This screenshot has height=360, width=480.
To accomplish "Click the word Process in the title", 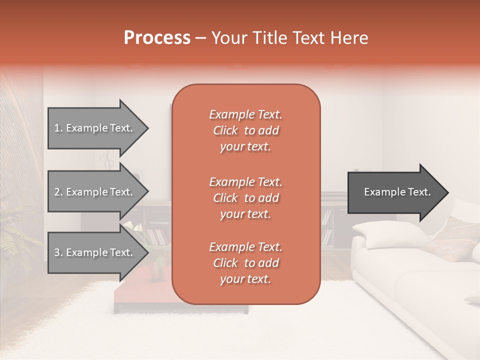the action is (157, 38).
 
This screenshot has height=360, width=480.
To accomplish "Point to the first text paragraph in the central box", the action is (245, 130).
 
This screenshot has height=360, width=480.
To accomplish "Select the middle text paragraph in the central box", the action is (245, 198).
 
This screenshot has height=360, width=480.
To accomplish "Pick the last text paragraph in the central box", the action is (245, 263).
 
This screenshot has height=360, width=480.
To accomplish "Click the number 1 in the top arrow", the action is (57, 128).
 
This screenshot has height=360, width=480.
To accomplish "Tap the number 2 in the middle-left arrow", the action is (57, 192).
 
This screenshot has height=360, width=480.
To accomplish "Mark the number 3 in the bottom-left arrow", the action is (57, 252).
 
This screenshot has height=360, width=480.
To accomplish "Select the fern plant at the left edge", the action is (15, 235).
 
